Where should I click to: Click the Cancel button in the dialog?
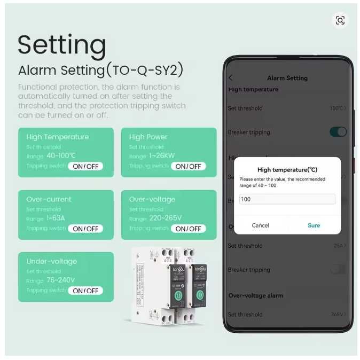260,225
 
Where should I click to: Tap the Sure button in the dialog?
314,225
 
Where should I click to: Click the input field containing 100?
287,199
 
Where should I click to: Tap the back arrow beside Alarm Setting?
231,78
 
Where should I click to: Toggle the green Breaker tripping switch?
338,132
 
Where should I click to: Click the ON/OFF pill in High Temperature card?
85,166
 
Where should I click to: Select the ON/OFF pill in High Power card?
188,166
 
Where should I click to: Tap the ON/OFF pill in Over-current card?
85,229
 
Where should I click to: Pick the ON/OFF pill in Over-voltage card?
188,229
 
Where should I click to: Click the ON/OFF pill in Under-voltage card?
85,291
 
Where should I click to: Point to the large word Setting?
62,45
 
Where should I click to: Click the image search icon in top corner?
340,21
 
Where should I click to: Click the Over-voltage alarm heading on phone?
256,295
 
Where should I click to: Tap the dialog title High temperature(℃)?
287,170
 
